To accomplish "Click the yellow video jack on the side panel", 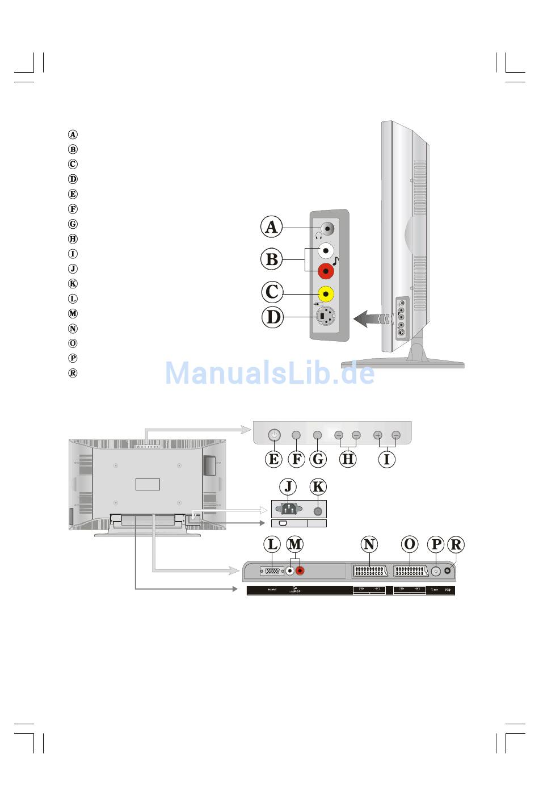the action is point(326,294).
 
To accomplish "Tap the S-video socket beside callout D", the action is point(325,316).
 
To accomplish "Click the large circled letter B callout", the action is point(272,259).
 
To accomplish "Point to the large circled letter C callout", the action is point(272,292).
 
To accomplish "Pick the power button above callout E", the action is point(274,435).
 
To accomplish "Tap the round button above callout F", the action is point(296,435).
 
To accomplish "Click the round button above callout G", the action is point(318,435).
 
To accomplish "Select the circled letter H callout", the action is point(348,459).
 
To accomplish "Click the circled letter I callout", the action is point(386,459).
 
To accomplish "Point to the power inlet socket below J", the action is point(288,509).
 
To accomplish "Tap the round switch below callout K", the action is point(318,511).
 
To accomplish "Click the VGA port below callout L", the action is point(272,570).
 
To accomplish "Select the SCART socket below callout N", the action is point(369,571).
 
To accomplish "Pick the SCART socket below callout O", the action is point(410,571).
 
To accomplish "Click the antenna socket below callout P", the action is point(435,572).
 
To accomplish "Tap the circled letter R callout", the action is point(455,545).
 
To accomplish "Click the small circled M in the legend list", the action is point(73,313).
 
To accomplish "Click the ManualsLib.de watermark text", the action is point(269,373).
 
